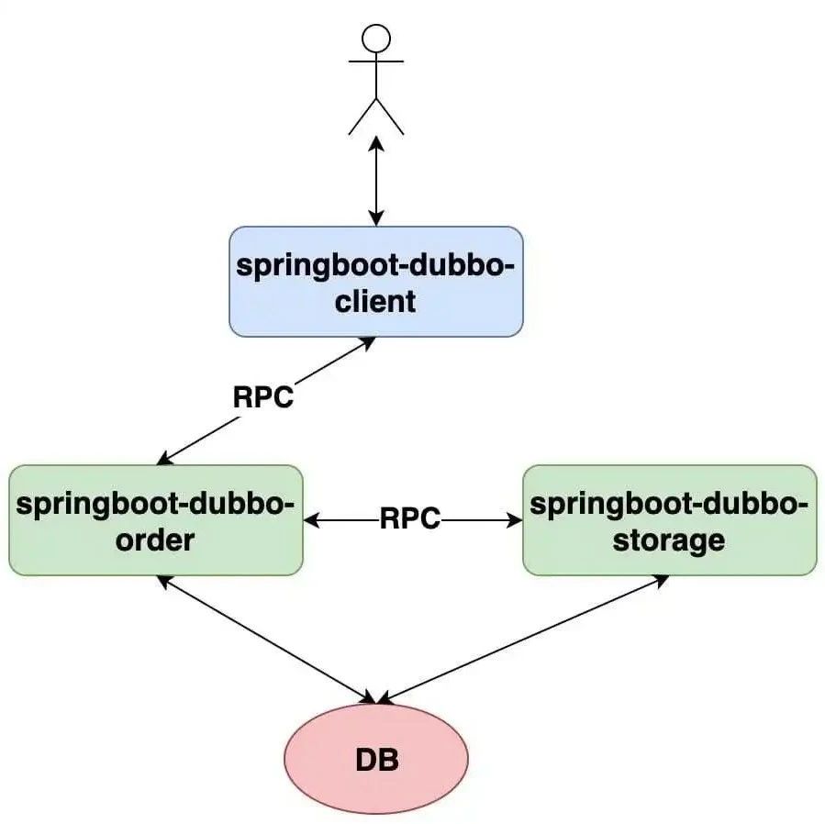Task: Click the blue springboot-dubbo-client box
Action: [x=376, y=282]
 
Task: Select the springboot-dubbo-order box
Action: [x=156, y=520]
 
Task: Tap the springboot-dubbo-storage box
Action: [x=670, y=520]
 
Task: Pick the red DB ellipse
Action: [x=376, y=758]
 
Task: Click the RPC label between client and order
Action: [x=263, y=397]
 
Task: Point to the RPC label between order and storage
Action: [x=410, y=518]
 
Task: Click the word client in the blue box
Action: [x=375, y=301]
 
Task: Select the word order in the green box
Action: [x=155, y=540]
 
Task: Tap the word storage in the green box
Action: [x=669, y=540]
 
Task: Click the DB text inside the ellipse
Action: [x=377, y=760]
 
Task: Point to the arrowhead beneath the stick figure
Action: [x=376, y=144]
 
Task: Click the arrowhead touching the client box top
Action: [x=376, y=218]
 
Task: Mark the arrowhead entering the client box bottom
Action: [x=367, y=342]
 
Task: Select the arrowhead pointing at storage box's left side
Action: [x=515, y=520]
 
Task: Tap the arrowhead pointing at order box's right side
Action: [x=312, y=520]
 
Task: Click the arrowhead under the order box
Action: [x=164, y=582]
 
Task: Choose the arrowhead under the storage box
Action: [x=661, y=580]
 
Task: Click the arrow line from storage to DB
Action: [x=523, y=640]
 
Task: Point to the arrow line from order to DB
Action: [x=267, y=640]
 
